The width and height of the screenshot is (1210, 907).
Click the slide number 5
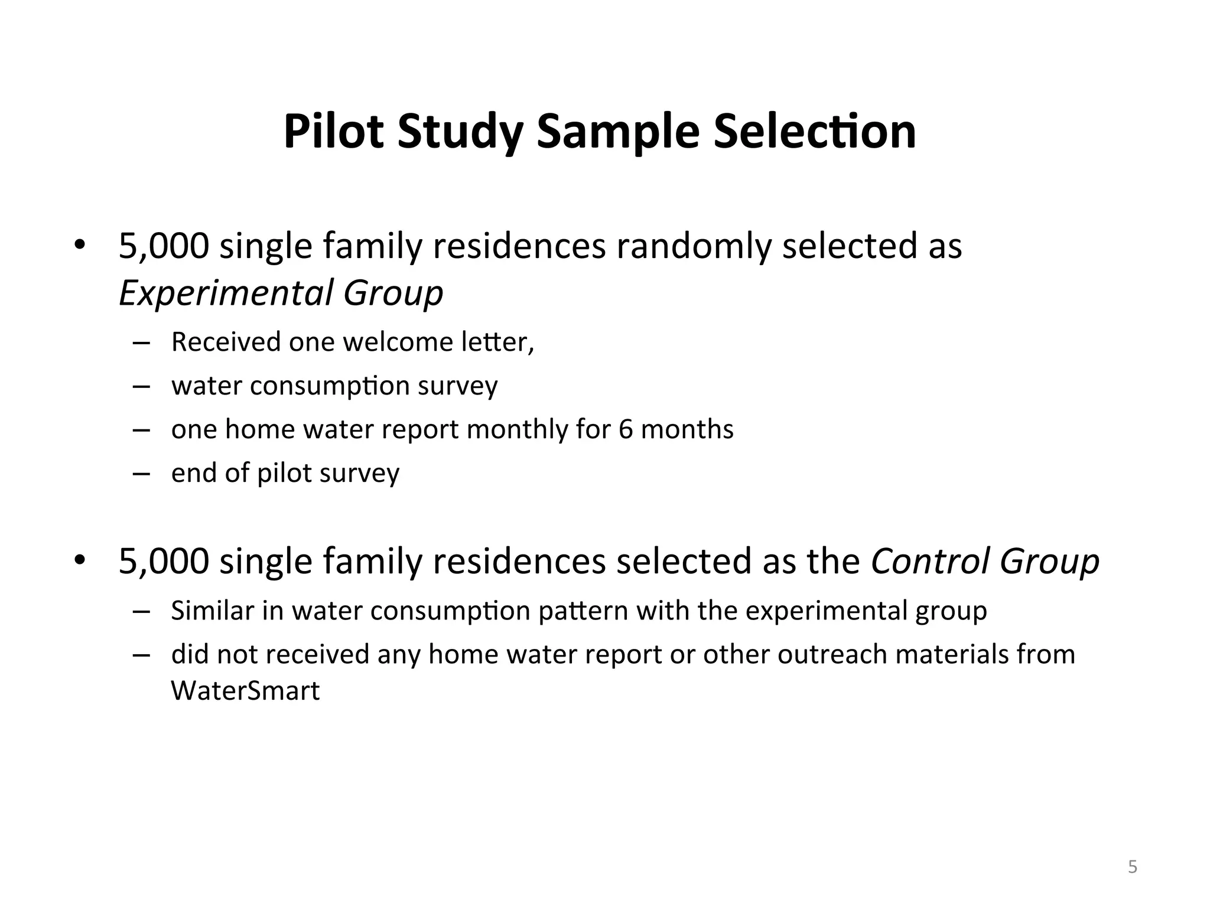(1132, 867)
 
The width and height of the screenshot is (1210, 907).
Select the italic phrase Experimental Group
(281, 293)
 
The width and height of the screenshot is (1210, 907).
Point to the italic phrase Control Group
(984, 561)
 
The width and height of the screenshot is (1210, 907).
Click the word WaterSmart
(245, 690)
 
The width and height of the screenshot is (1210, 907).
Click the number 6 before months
(626, 429)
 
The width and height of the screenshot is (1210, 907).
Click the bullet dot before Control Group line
(80, 560)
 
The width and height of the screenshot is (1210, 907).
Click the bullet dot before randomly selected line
(80, 244)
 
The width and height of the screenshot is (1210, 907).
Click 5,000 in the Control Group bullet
(164, 561)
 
